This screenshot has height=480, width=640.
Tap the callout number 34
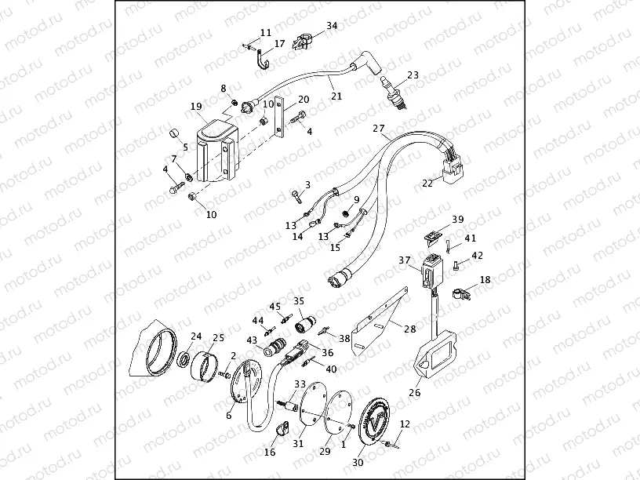332,26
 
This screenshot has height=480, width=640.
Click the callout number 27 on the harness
379,128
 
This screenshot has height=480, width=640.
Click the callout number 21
336,96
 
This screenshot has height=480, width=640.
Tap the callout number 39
457,219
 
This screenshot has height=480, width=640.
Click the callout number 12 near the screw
405,424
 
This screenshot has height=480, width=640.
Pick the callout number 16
270,453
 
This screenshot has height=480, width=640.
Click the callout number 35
298,300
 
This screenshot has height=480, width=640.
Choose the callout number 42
477,255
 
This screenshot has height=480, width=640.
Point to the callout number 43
252,340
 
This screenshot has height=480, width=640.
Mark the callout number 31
298,443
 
